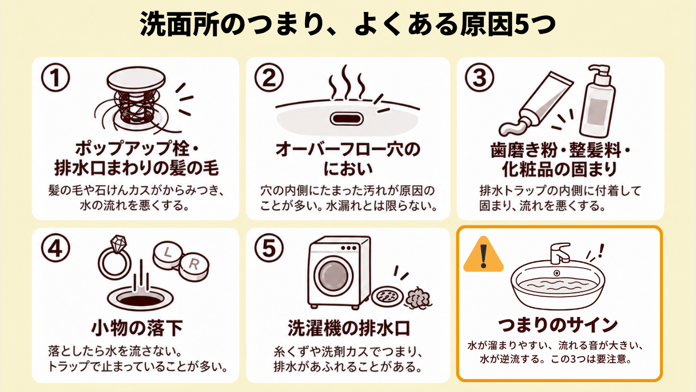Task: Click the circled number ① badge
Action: [55, 77]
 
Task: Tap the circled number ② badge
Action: [269, 77]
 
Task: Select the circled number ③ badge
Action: [479, 77]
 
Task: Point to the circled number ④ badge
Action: [55, 248]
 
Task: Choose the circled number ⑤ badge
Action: [269, 248]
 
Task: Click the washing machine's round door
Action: [333, 276]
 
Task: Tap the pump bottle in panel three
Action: [597, 101]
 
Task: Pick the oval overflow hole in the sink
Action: [346, 119]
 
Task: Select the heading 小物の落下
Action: [137, 328]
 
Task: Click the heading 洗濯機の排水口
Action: [349, 328]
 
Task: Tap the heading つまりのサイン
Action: [558, 325]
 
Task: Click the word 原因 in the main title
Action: [487, 24]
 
